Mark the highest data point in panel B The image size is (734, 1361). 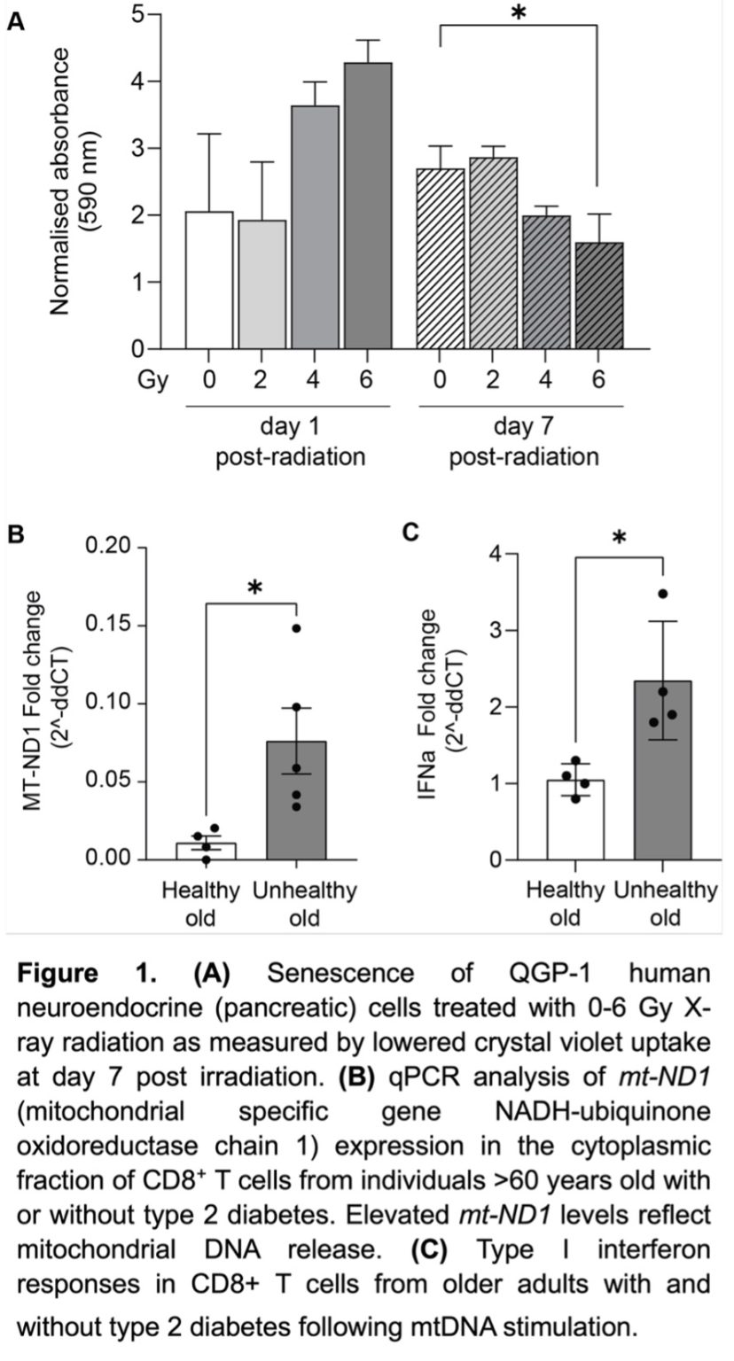tap(297, 628)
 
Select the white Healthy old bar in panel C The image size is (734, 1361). tap(575, 820)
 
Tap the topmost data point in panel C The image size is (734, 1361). tap(663, 594)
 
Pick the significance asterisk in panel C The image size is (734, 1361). tap(620, 538)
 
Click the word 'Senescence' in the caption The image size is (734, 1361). tap(340, 974)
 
